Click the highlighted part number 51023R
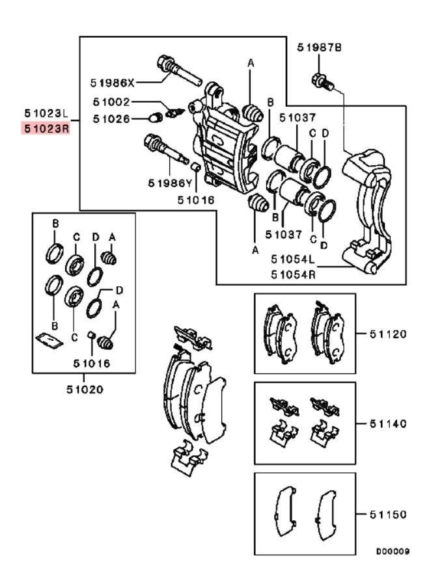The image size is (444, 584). point(46,128)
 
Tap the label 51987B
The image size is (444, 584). point(320,47)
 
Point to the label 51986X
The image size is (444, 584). point(112,83)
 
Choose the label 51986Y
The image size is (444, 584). point(169,183)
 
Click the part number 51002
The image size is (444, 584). point(111,102)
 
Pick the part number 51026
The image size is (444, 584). point(111,118)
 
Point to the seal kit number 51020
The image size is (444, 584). point(83,390)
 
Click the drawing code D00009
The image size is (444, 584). point(392,551)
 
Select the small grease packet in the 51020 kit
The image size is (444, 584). point(48,339)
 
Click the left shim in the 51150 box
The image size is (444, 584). point(284,514)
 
